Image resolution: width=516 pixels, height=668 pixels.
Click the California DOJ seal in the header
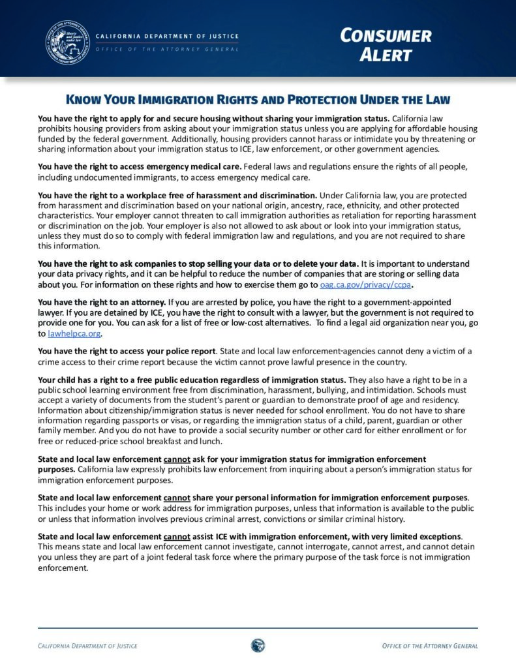click(x=67, y=42)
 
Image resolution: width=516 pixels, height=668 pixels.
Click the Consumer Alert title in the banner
click(x=386, y=44)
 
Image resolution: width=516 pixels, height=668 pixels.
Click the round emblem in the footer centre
click(x=258, y=645)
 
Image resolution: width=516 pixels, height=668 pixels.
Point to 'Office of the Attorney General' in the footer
click(x=430, y=646)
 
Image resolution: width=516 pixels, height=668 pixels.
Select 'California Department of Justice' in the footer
click(x=87, y=646)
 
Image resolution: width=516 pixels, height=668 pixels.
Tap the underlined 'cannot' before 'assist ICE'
click(x=177, y=536)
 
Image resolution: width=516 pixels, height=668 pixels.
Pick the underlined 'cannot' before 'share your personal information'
click(x=177, y=498)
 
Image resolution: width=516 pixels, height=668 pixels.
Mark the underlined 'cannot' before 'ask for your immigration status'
click(x=177, y=459)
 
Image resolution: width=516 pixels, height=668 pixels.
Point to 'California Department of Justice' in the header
click(x=167, y=36)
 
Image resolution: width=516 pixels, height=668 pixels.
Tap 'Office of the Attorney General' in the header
click(x=167, y=50)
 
